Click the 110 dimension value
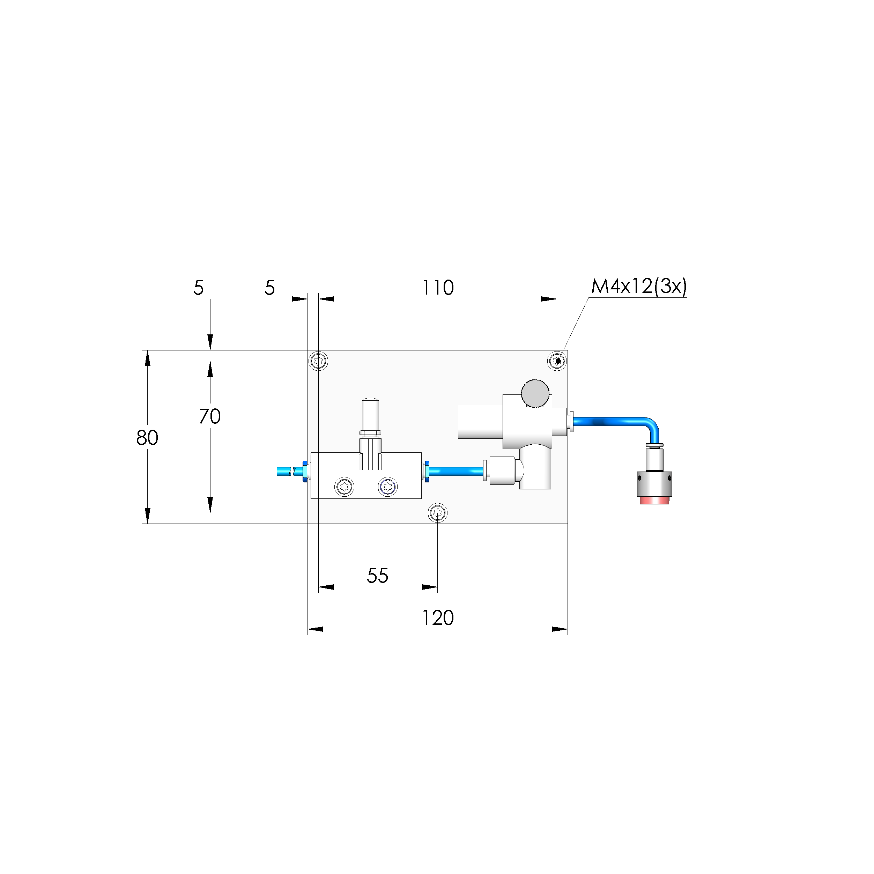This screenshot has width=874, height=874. point(437,288)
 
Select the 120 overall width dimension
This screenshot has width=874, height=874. point(437,618)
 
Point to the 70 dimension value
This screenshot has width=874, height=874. point(209,416)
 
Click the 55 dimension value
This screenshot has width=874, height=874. point(377,576)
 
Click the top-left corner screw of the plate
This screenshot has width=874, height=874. point(318,361)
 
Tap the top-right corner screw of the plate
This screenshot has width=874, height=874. point(558,361)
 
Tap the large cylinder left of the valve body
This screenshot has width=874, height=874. point(480,422)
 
